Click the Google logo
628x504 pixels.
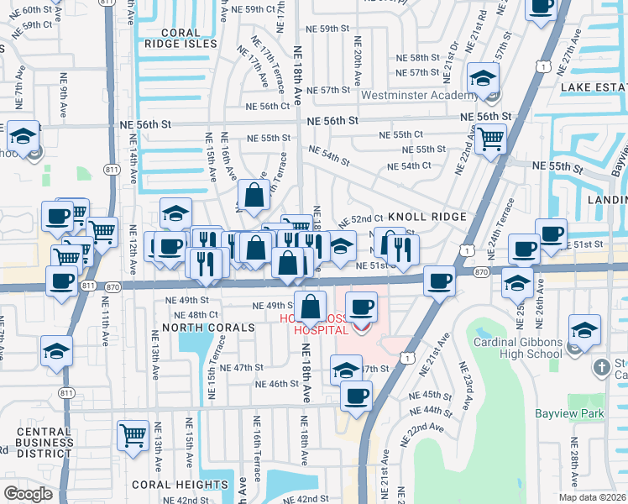click(x=28, y=494)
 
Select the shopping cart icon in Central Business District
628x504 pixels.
click(x=133, y=437)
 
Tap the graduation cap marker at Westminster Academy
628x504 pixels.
click(x=483, y=80)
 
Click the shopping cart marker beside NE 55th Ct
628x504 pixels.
click(x=490, y=139)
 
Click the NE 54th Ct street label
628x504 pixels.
click(x=410, y=165)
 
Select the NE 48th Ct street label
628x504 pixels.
click(x=186, y=314)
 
